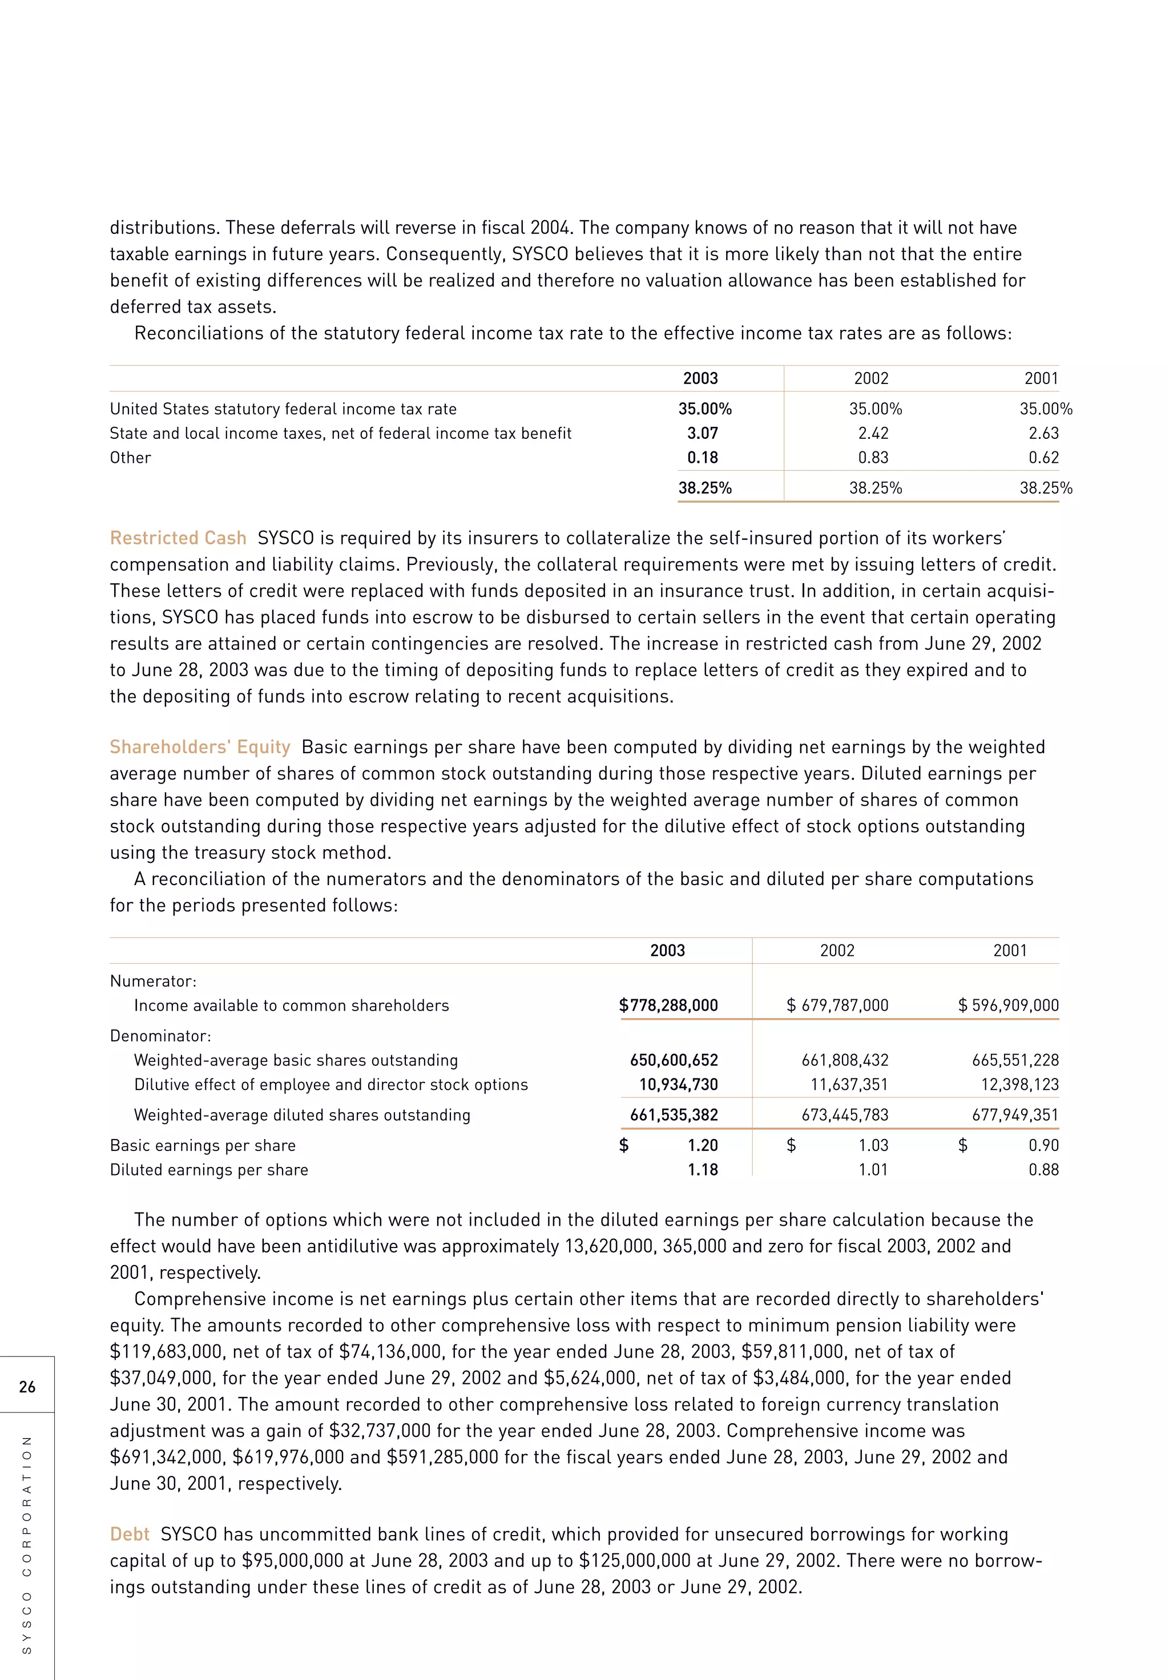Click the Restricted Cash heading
coord(178,538)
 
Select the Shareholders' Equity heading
coord(200,747)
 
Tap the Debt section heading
coord(130,1534)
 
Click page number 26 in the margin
coord(27,1387)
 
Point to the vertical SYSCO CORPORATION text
coord(27,1544)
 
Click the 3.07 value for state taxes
coord(702,433)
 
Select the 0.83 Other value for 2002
coord(873,457)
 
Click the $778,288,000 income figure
coord(668,1005)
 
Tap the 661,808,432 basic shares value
coord(845,1060)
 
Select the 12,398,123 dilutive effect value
coord(1019,1084)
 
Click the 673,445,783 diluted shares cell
coord(845,1115)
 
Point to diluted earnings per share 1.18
coord(703,1169)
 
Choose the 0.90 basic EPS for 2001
coord(1043,1145)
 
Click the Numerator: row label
coord(153,981)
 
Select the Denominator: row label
coord(160,1036)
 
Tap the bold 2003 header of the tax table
coord(700,378)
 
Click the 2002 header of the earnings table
coord(837,951)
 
